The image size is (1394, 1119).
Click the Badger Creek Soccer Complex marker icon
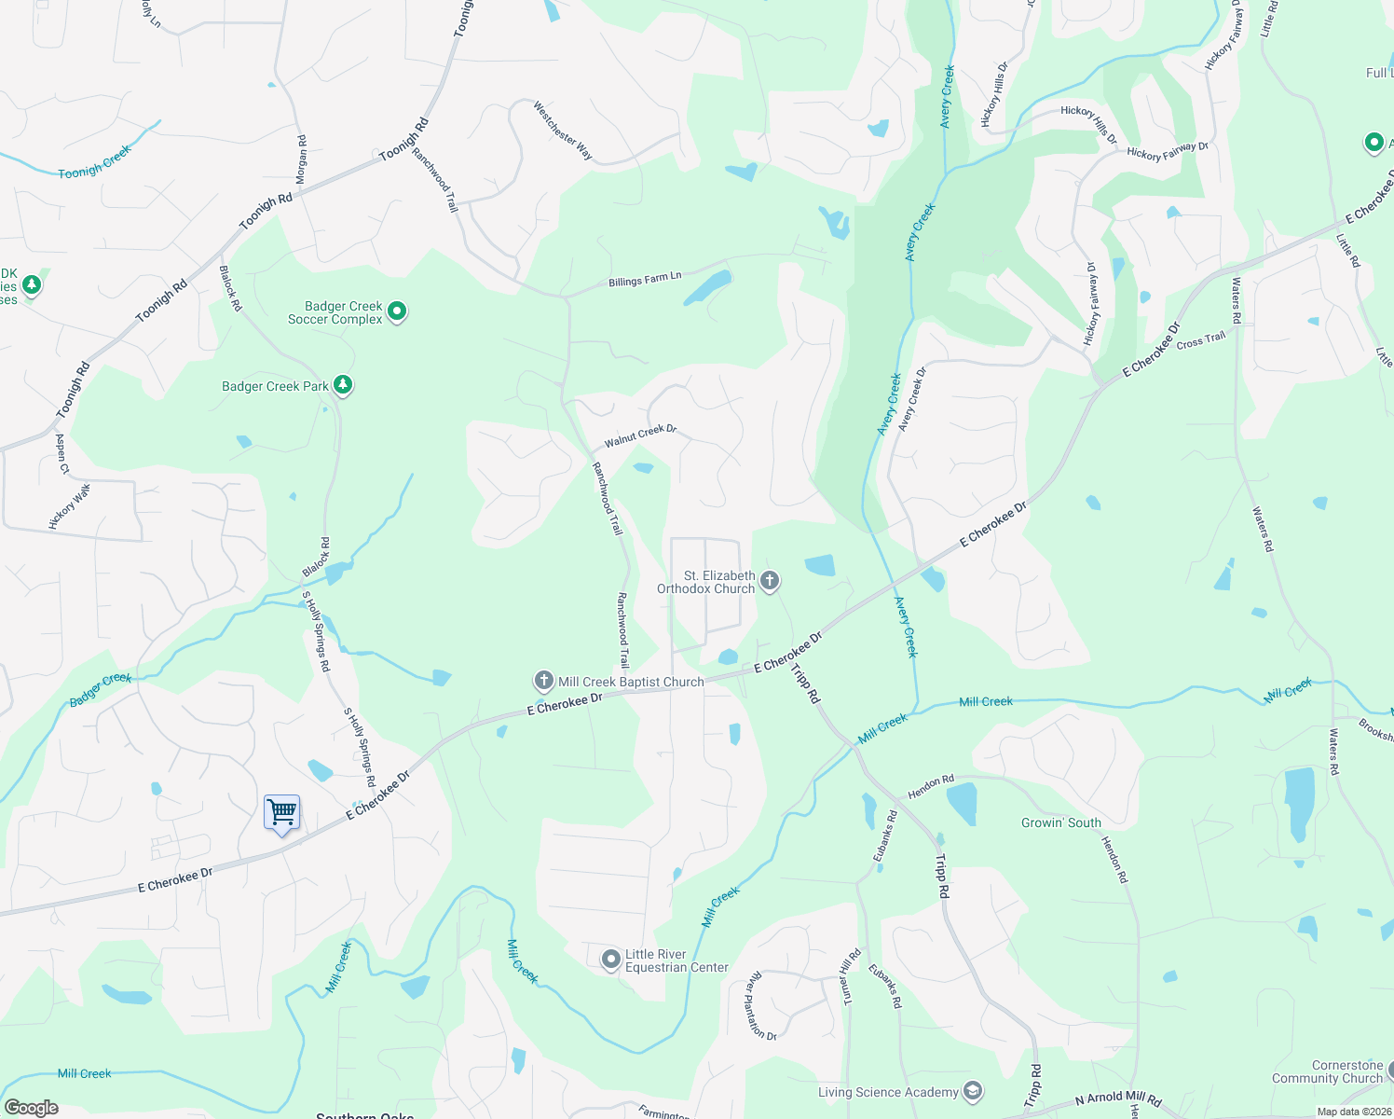click(397, 311)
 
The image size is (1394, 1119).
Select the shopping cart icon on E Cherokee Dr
click(281, 812)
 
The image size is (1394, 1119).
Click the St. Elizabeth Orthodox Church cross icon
click(769, 581)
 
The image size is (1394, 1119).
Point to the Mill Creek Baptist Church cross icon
click(543, 681)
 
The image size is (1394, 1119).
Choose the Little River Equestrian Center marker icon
click(610, 959)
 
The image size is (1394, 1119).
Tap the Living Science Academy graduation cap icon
click(972, 1091)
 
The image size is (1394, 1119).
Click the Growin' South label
click(1060, 822)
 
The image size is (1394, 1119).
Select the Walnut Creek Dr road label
click(640, 435)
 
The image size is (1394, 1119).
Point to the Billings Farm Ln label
click(645, 279)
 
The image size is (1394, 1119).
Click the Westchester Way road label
click(563, 131)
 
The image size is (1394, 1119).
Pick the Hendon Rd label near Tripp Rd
click(931, 786)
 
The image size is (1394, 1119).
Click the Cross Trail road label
click(1201, 340)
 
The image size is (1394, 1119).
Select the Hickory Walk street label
click(70, 506)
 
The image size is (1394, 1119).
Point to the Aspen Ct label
click(62, 453)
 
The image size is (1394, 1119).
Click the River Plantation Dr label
click(761, 1006)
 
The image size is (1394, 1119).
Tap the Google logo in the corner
click(31, 1108)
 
